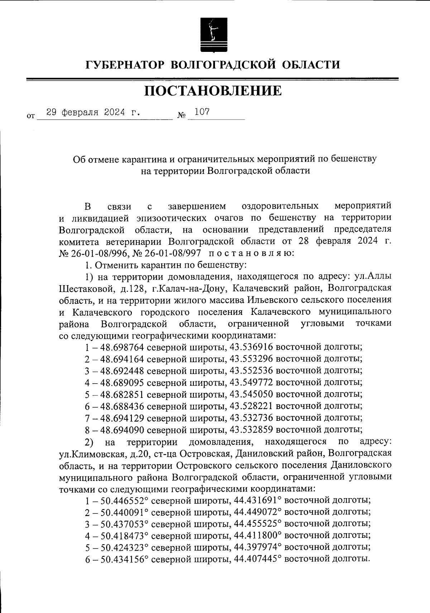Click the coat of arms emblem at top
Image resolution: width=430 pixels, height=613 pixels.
coord(212,34)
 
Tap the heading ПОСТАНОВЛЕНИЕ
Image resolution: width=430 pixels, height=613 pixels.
coord(213,91)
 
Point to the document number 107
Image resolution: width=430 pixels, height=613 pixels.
coord(202,112)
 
